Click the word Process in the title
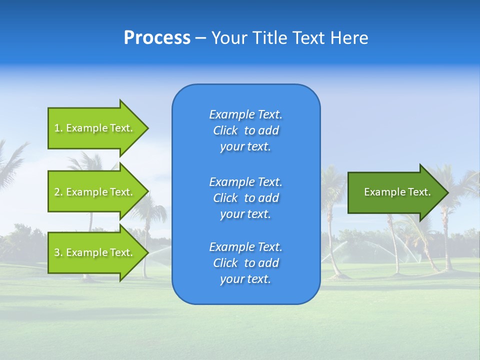click(157, 37)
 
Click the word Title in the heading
click(269, 37)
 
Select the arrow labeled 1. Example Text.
click(95, 128)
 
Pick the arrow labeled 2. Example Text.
click(95, 192)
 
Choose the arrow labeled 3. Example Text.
click(95, 252)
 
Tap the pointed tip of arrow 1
click(147, 128)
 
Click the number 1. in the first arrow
click(58, 128)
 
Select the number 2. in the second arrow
click(58, 192)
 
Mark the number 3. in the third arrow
click(58, 252)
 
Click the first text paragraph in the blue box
click(245, 130)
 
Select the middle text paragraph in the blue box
click(245, 198)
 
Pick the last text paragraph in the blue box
click(245, 263)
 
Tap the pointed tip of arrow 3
click(147, 252)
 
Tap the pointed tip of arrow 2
click(147, 192)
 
